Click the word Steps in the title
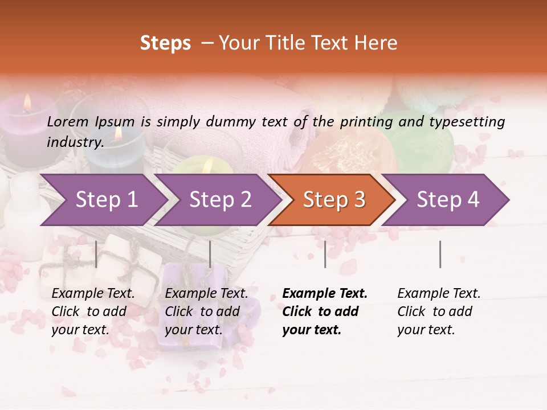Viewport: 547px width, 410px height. point(165,43)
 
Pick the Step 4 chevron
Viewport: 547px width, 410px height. point(447,200)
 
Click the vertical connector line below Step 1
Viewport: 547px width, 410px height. point(96,254)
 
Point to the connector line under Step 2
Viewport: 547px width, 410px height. point(210,254)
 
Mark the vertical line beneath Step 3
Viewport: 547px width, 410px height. point(325,254)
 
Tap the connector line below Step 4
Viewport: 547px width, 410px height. point(440,254)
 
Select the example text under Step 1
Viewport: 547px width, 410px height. point(93,311)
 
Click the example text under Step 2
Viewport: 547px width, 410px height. point(206,311)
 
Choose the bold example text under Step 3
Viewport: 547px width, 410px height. point(325,311)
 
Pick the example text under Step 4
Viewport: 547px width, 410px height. point(439,311)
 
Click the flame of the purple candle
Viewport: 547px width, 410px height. point(27,102)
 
